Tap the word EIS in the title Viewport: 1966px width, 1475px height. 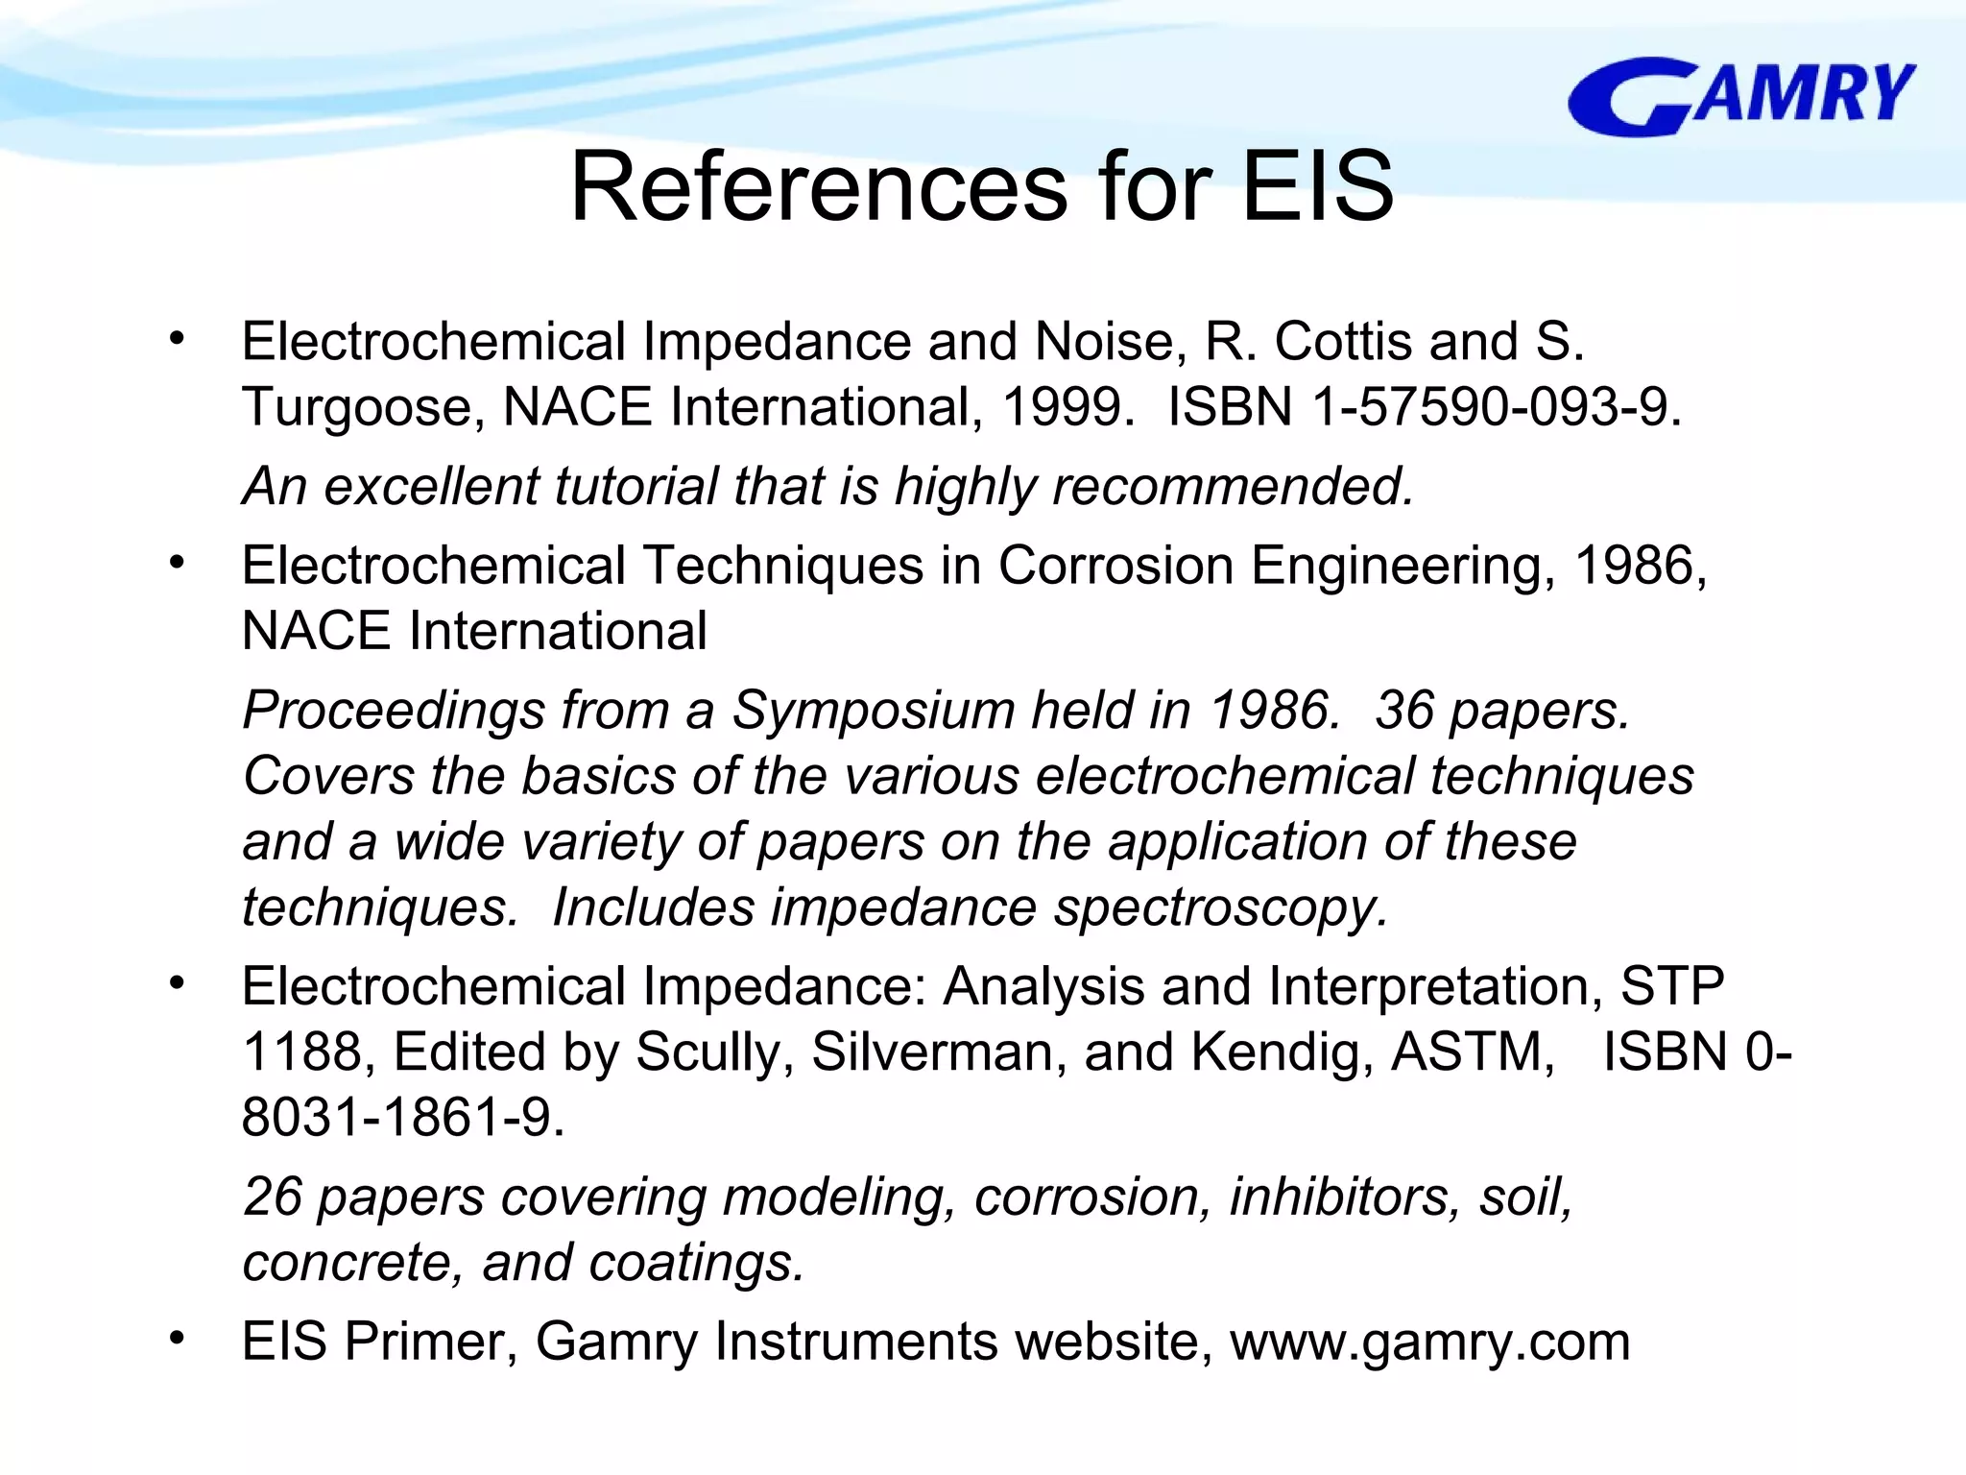pyautogui.click(x=1317, y=186)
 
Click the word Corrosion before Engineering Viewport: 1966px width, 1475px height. pyautogui.click(x=1116, y=566)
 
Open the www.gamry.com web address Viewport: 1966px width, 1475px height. pyautogui.click(x=1429, y=1342)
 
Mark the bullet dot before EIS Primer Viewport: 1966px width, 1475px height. pyautogui.click(x=176, y=1338)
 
